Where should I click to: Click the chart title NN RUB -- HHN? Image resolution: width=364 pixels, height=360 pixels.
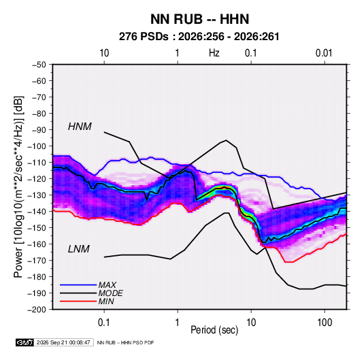[199, 19]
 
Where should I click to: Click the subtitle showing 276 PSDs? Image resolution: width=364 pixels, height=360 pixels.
[199, 37]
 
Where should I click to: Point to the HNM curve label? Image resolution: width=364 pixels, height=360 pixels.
[80, 127]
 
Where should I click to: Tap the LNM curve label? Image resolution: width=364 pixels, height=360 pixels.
[79, 249]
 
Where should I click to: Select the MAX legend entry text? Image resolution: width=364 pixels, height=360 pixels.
[107, 285]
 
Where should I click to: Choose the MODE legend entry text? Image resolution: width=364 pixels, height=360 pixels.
[110, 293]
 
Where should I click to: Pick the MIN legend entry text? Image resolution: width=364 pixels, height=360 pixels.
[106, 301]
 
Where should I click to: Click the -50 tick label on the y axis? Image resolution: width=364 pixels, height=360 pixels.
[39, 65]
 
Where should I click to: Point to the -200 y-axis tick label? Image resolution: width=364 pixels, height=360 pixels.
[37, 310]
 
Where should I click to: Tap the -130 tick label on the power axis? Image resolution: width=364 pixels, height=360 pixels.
[37, 195]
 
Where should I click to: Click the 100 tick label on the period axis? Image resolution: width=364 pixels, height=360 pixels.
[325, 323]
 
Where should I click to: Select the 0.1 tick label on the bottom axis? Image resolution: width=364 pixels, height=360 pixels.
[104, 323]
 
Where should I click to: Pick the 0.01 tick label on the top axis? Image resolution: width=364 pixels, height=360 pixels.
[324, 53]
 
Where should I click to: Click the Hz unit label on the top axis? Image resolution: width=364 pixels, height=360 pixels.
[214, 53]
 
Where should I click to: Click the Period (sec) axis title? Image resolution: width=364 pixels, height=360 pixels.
[214, 330]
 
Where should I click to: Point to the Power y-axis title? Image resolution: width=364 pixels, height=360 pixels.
[18, 187]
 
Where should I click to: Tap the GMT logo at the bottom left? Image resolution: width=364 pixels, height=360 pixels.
[25, 342]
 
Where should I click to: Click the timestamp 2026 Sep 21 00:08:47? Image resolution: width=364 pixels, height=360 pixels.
[63, 342]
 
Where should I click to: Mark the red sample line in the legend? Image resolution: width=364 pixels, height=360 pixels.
[78, 301]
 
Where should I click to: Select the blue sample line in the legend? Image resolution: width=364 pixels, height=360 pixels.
[78, 285]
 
